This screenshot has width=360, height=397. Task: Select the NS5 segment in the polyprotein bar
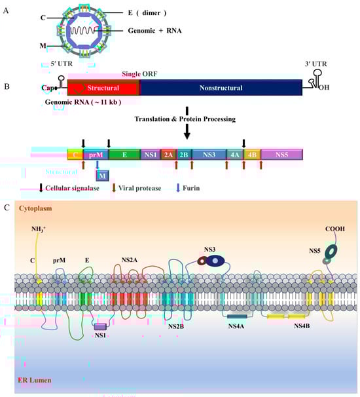click(281, 155)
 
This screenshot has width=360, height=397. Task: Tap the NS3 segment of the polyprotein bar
click(209, 155)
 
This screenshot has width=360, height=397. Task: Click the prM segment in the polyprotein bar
click(96, 155)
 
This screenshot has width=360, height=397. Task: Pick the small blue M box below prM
click(102, 175)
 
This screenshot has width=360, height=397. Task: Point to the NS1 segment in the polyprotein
click(150, 155)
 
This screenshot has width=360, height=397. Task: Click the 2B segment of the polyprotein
click(184, 155)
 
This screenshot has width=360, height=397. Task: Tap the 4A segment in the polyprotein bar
click(234, 155)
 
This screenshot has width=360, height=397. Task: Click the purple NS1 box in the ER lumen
click(100, 326)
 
